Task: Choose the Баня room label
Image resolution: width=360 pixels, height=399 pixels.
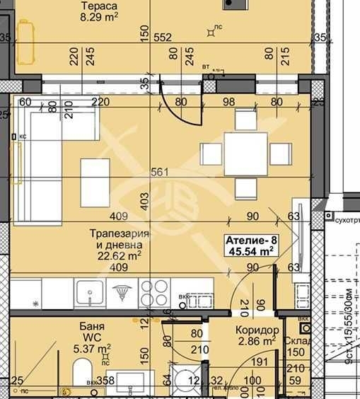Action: click(93, 327)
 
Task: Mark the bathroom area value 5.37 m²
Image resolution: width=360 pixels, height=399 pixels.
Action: click(93, 348)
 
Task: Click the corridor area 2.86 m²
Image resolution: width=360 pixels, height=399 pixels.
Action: click(257, 342)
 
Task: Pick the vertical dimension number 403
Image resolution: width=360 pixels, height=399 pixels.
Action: click(145, 200)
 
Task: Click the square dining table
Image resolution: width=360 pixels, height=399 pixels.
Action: click(245, 153)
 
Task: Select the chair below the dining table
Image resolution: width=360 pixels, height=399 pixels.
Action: click(245, 187)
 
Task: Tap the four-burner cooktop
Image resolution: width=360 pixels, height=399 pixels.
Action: click(155, 292)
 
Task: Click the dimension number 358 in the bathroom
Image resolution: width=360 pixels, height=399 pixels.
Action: click(105, 381)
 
